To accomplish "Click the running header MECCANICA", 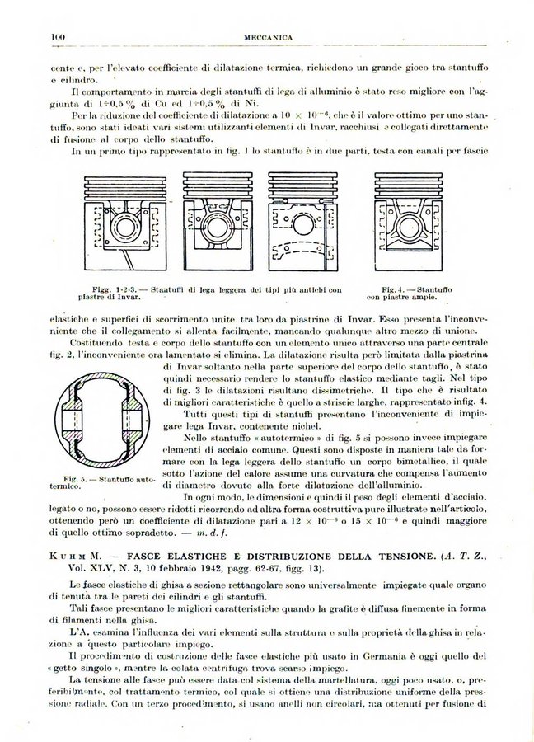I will pos(269,37).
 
